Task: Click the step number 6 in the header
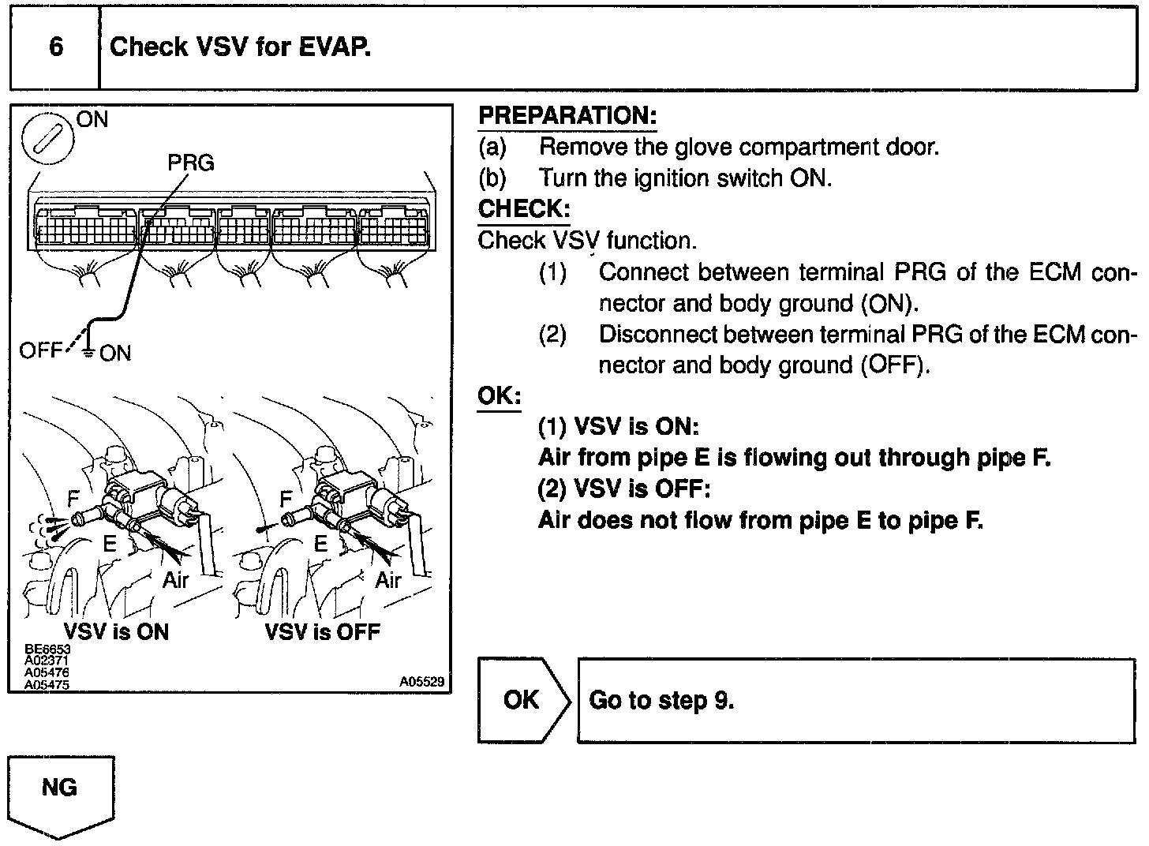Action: tap(56, 47)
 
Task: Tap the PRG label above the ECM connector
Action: tap(191, 163)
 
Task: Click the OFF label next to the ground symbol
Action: tap(40, 351)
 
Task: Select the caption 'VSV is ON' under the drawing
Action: tap(116, 631)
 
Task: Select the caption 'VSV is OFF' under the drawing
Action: tap(323, 631)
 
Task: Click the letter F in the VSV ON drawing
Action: tap(74, 498)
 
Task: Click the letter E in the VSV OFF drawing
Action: tap(320, 543)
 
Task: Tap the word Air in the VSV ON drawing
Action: tap(176, 580)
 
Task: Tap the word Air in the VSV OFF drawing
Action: tap(388, 580)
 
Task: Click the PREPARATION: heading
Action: tap(567, 116)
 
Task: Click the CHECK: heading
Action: tap(524, 209)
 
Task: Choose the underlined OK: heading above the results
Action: tap(500, 395)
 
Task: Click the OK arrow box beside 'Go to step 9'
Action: tap(522, 700)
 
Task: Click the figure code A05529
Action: tap(421, 681)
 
